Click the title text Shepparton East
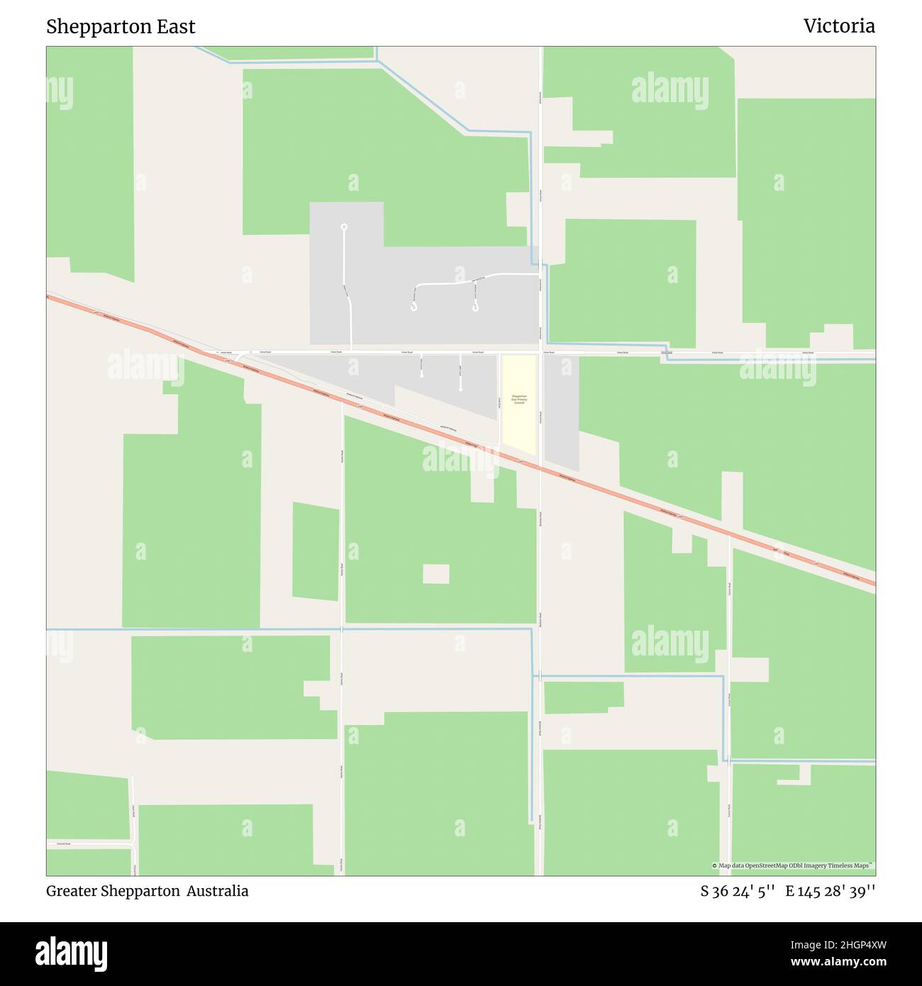pos(121,27)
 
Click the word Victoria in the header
pos(838,26)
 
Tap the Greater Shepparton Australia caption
pos(147,891)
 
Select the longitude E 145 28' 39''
pos(830,892)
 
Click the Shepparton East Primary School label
pos(519,399)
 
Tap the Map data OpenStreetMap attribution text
pos(792,865)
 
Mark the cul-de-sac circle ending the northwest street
pos(344,227)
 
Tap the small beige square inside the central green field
pos(435,574)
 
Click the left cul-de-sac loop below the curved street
pos(413,308)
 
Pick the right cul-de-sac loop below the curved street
pos(475,308)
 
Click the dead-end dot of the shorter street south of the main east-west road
pos(421,375)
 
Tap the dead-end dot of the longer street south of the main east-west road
pos(460,389)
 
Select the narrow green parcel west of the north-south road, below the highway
pos(316,551)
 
